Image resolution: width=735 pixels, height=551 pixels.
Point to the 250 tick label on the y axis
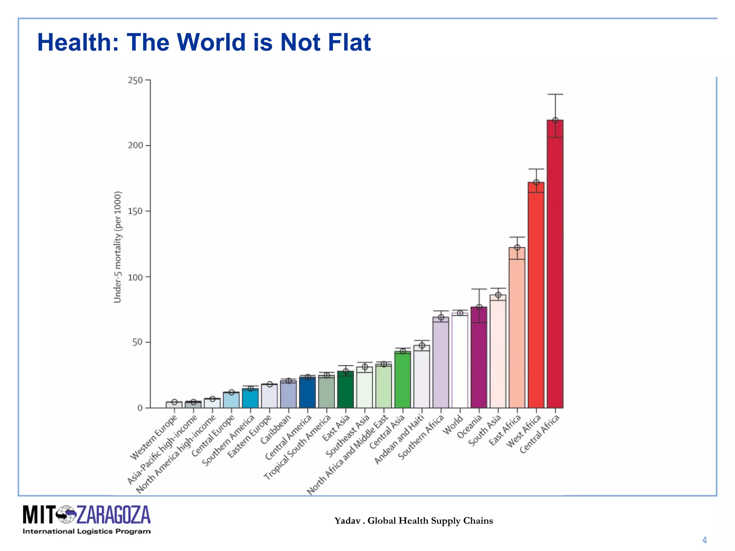coord(135,80)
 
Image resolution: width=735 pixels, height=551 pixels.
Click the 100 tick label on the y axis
coord(135,277)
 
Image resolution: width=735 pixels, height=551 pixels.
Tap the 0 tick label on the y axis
coord(140,408)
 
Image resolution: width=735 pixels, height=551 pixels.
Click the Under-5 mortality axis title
coord(118,247)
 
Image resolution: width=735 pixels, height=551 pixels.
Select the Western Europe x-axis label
coord(154,437)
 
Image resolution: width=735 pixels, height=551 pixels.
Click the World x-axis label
coord(453,425)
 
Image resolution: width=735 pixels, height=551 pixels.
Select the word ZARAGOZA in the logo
coord(113,515)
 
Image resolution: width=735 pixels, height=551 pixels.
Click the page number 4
coord(704,540)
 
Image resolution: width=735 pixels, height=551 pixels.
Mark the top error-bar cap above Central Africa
coord(555,94)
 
